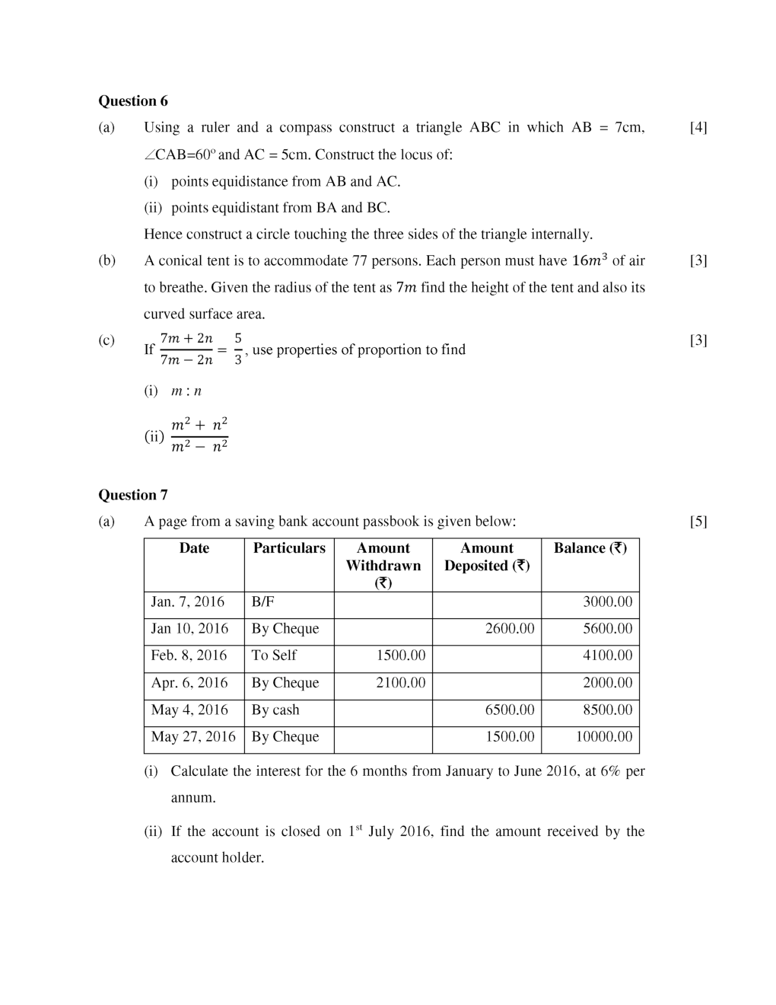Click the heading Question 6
[133, 101]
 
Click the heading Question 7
[133, 495]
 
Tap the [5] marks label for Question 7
[698, 522]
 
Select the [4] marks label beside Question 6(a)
[698, 127]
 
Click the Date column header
[194, 548]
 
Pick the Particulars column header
[289, 548]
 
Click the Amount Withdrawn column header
[383, 565]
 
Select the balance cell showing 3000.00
[607, 602]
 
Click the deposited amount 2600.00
[510, 629]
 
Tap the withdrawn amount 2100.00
[401, 683]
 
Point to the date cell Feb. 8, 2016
[189, 656]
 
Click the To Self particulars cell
[274, 656]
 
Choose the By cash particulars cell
[275, 710]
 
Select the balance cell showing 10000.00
[603, 737]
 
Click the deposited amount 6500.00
[510, 710]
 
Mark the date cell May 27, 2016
[193, 737]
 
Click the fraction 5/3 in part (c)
[238, 348]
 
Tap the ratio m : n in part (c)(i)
[186, 391]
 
